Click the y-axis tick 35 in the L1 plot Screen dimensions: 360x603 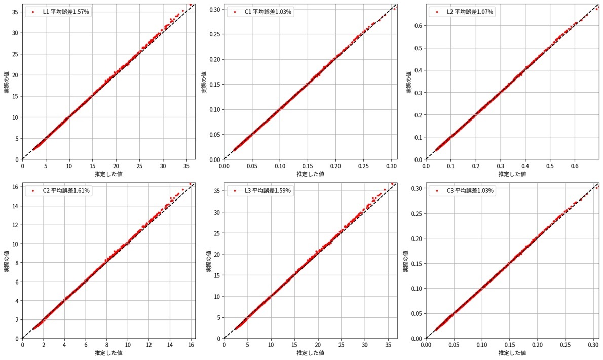pos(16,12)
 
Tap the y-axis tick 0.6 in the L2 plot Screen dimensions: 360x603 pos(418,25)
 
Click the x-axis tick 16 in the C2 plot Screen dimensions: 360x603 pos(191,345)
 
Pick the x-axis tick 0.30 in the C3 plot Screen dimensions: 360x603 pos(593,345)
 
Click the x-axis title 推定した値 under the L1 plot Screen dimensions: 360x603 pos(108,174)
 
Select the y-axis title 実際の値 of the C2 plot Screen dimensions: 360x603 pos(7,261)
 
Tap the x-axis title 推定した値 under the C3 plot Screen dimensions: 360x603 pos(512,353)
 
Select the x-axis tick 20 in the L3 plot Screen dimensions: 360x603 pos(318,345)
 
